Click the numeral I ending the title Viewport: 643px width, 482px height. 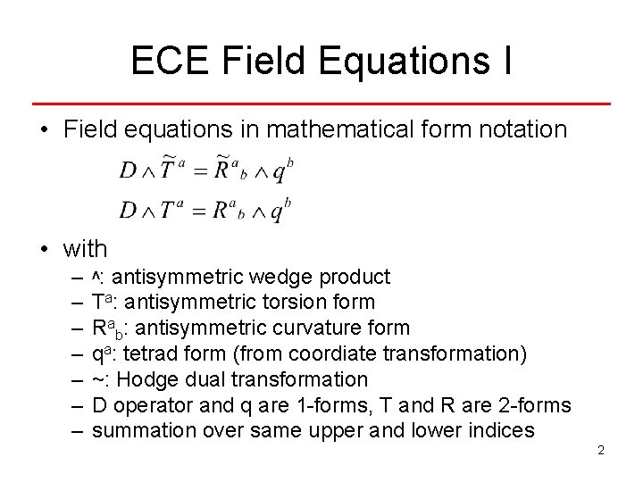point(506,62)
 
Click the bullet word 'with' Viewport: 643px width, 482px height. point(86,249)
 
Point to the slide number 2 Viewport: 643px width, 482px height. point(601,450)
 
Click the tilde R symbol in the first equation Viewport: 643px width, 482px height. point(220,170)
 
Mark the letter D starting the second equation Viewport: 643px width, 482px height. point(128,212)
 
